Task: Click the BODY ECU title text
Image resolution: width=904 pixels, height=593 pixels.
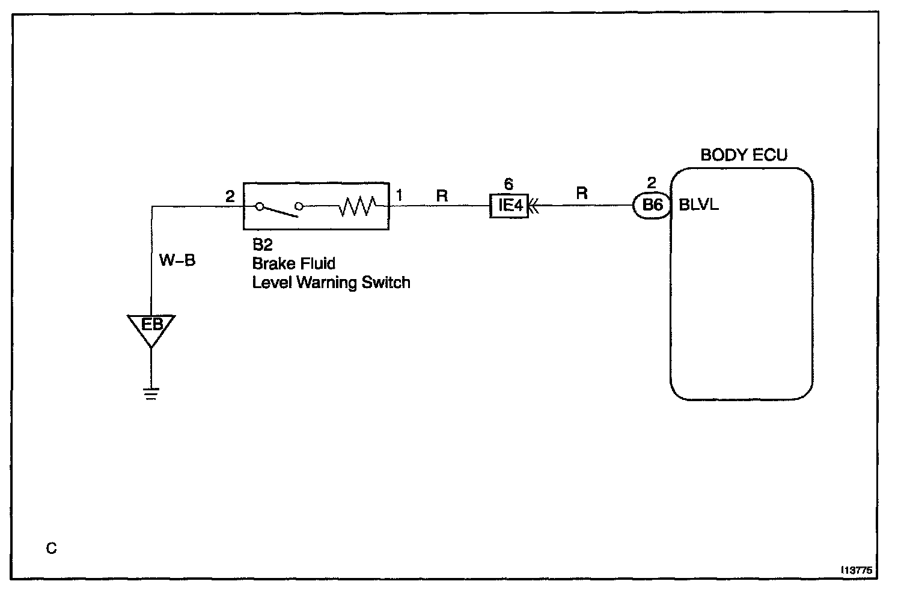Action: pyautogui.click(x=744, y=155)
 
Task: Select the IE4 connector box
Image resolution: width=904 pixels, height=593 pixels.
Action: pyautogui.click(x=509, y=206)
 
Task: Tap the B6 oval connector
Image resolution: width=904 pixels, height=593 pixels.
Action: pyautogui.click(x=652, y=205)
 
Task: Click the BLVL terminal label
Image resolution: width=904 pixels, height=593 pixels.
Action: pyautogui.click(x=698, y=205)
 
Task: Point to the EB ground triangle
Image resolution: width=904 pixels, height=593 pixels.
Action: pyautogui.click(x=151, y=328)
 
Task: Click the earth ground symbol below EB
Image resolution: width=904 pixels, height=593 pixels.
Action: pyautogui.click(x=151, y=394)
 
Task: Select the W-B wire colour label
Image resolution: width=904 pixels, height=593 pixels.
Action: pyautogui.click(x=177, y=260)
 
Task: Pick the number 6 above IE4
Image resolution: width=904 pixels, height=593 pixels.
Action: pyautogui.click(x=509, y=185)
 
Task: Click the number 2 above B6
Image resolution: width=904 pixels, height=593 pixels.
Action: pyautogui.click(x=652, y=183)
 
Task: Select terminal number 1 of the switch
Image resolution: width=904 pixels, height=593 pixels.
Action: pyautogui.click(x=399, y=195)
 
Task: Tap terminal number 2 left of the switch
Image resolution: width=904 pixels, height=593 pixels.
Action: pyautogui.click(x=230, y=196)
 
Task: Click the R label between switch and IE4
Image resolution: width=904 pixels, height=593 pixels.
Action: pyautogui.click(x=442, y=195)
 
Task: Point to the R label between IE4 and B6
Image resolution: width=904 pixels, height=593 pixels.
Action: pyautogui.click(x=582, y=194)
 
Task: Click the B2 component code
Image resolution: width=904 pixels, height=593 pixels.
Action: pyautogui.click(x=263, y=245)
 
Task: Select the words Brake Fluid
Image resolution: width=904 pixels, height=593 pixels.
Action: pyautogui.click(x=294, y=263)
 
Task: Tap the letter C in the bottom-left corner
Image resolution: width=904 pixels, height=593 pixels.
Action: pyautogui.click(x=52, y=548)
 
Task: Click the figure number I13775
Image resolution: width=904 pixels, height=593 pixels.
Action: pyautogui.click(x=857, y=570)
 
